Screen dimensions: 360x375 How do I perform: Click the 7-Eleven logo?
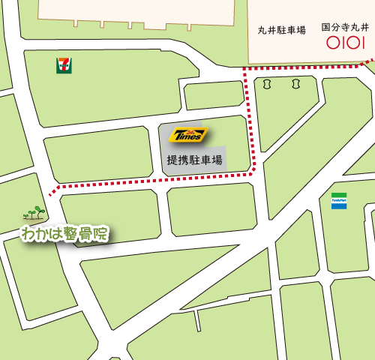[64, 65]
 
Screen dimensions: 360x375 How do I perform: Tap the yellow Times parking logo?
[188, 135]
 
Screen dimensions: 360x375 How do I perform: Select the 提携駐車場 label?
[194, 160]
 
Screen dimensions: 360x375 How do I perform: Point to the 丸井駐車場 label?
[281, 30]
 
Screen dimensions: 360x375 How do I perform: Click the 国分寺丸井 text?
[346, 27]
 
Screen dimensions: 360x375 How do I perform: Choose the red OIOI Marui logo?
[346, 43]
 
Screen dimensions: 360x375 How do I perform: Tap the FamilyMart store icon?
[339, 200]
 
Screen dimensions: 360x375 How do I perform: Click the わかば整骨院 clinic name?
[65, 234]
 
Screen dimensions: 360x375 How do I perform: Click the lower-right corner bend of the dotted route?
[253, 171]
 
